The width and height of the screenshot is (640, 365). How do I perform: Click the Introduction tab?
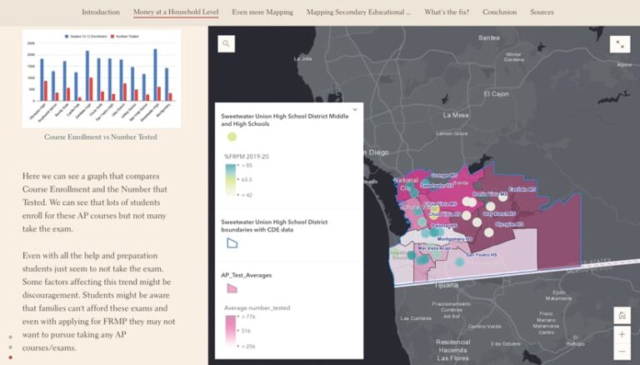(101, 12)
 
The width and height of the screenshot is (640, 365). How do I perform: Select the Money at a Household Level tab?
(176, 12)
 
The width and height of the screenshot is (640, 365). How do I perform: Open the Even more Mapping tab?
(262, 12)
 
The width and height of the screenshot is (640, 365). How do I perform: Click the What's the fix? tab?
(447, 12)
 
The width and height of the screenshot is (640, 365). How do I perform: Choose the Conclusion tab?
(499, 12)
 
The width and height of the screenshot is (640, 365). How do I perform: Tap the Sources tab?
(542, 12)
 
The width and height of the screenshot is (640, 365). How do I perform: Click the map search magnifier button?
(227, 44)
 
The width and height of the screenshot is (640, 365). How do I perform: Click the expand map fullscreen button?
(620, 44)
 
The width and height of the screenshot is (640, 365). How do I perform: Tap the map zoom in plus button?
(622, 333)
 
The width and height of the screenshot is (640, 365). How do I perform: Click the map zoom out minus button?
(622, 351)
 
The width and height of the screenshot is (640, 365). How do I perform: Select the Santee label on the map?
(488, 38)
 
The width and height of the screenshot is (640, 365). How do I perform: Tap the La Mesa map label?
(457, 115)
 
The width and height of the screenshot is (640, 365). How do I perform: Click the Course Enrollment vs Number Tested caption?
(101, 137)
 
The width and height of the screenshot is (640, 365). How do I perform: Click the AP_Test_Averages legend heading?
(247, 273)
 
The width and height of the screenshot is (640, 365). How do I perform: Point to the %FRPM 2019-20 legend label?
(247, 156)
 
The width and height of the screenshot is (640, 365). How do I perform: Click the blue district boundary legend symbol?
(232, 242)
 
